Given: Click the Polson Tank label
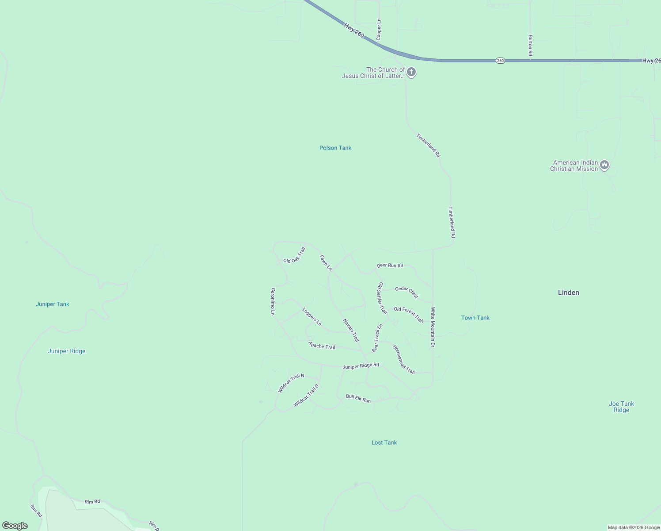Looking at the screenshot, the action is pyautogui.click(x=335, y=148).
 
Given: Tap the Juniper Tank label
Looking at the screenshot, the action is pyautogui.click(x=53, y=304).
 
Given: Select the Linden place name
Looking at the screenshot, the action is pyautogui.click(x=568, y=292).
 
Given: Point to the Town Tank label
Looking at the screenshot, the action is pyautogui.click(x=475, y=318).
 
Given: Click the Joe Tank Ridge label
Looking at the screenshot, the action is pyautogui.click(x=621, y=407).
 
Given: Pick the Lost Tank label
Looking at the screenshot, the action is pyautogui.click(x=384, y=442).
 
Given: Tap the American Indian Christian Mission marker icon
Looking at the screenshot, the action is pyautogui.click(x=604, y=165).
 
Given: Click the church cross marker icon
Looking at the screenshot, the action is pyautogui.click(x=411, y=72).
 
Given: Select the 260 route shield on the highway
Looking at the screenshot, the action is pyautogui.click(x=500, y=61).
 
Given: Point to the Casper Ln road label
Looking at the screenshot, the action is pyautogui.click(x=379, y=30).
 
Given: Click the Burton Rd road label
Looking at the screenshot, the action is pyautogui.click(x=530, y=46).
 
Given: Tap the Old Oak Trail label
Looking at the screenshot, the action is pyautogui.click(x=294, y=255).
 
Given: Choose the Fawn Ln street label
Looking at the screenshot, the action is pyautogui.click(x=326, y=262).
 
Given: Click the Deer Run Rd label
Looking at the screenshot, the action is pyautogui.click(x=390, y=265).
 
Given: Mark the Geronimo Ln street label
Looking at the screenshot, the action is pyautogui.click(x=273, y=301).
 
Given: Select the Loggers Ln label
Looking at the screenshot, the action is pyautogui.click(x=312, y=316).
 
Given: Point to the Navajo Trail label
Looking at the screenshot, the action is pyautogui.click(x=351, y=330).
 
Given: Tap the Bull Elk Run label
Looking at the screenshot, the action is pyautogui.click(x=358, y=398).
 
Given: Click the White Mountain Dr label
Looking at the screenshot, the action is pyautogui.click(x=433, y=327).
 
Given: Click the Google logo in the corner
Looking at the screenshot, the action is pyautogui.click(x=15, y=526).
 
